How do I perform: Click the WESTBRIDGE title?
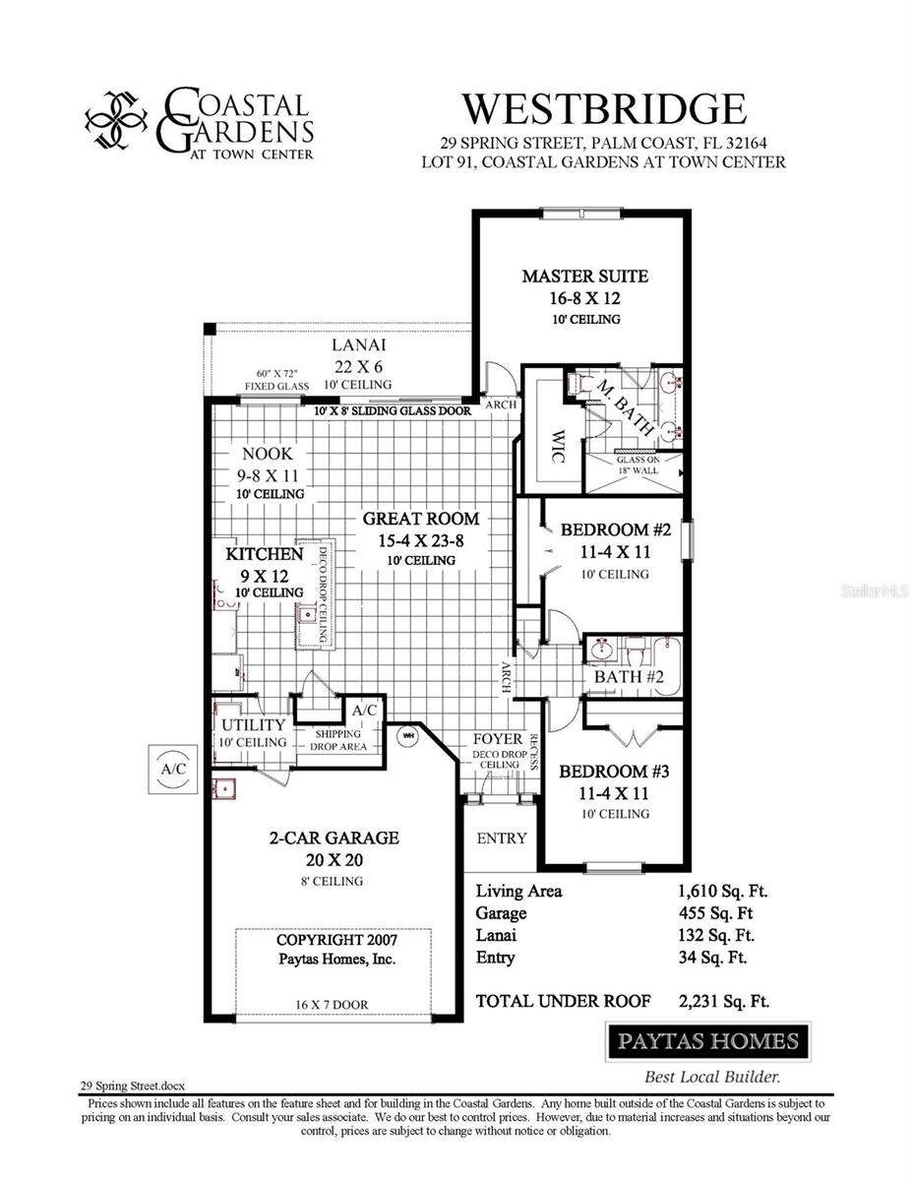(x=604, y=107)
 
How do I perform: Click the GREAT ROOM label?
(x=421, y=518)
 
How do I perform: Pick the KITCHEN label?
(x=265, y=554)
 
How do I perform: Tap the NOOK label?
(x=268, y=454)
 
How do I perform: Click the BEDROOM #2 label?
(x=615, y=529)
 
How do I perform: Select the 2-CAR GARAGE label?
(x=334, y=838)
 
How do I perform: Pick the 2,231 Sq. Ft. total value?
(x=723, y=1001)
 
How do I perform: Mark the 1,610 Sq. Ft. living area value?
(x=722, y=891)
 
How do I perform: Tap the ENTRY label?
(x=502, y=838)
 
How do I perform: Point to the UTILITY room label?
(x=253, y=724)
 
